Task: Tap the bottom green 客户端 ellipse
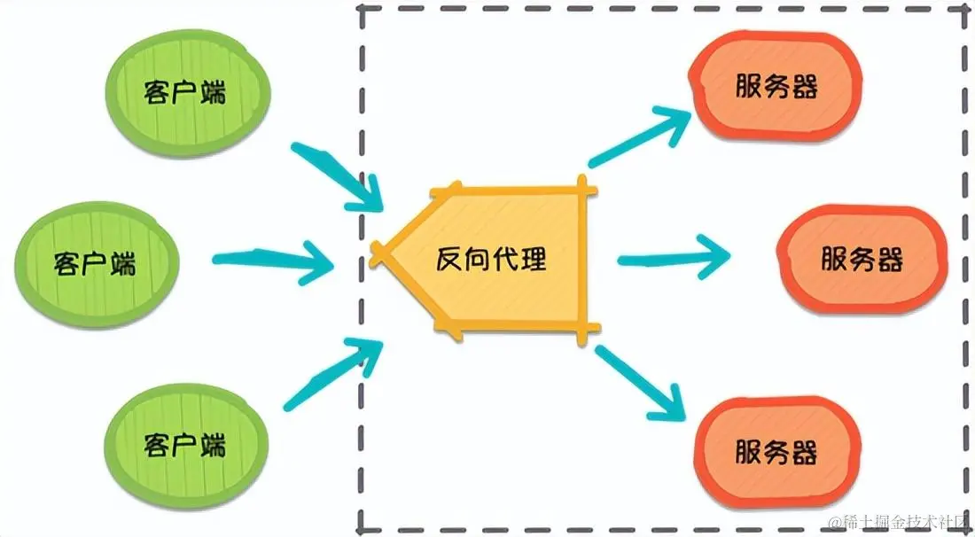click(x=185, y=442)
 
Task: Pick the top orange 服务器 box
click(x=776, y=85)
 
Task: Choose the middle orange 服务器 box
click(x=862, y=259)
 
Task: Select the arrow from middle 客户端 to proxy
click(x=270, y=260)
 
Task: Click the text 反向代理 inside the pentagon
click(x=491, y=260)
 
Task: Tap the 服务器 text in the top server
click(x=776, y=86)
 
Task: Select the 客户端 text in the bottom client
click(x=185, y=444)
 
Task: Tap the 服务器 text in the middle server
click(x=862, y=260)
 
